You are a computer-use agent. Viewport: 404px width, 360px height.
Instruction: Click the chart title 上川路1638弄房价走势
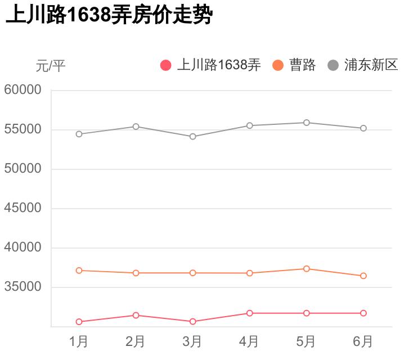(109, 15)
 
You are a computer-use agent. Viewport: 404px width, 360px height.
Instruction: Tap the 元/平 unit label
(51, 66)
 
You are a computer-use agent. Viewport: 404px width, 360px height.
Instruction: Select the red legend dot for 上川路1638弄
(165, 65)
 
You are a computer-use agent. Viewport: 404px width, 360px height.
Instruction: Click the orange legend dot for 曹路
(278, 65)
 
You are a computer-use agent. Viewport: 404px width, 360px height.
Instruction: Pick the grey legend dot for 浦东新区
(333, 65)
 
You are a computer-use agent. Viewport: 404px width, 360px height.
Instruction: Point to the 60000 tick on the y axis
(23, 90)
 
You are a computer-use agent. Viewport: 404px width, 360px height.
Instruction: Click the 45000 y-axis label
(23, 208)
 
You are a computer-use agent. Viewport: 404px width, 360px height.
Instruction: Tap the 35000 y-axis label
(23, 287)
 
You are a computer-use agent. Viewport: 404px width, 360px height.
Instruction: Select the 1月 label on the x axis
(79, 341)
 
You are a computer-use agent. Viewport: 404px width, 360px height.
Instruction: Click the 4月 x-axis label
(249, 341)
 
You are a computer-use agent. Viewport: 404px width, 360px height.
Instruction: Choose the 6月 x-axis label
(363, 341)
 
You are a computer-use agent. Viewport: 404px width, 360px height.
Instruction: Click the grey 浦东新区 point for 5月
(307, 123)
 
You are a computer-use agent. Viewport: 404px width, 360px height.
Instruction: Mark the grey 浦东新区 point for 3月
(193, 136)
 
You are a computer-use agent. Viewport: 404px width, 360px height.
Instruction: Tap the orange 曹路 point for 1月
(79, 271)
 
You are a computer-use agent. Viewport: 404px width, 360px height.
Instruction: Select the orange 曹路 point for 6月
(363, 276)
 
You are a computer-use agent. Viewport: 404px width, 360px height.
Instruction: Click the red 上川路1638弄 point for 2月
(136, 315)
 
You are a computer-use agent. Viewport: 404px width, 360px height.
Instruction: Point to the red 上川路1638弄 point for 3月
(193, 322)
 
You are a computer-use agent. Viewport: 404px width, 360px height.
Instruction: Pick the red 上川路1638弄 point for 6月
(363, 313)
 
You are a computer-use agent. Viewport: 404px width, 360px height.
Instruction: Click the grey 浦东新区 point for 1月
(79, 134)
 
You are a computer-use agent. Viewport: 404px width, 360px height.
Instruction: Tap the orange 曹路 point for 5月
(307, 269)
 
